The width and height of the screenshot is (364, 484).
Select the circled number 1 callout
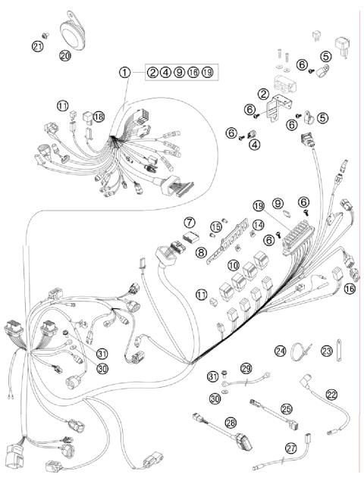coord(124,73)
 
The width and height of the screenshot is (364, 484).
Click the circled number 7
coord(189,222)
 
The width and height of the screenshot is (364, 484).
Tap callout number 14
coord(258,224)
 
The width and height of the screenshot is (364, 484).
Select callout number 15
coord(216,227)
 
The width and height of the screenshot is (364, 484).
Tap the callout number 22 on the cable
coord(331,394)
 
